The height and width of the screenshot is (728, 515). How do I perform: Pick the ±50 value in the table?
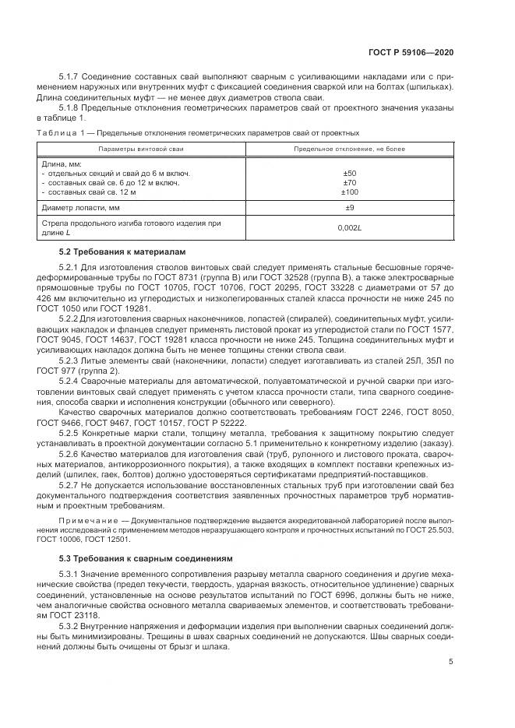point(349,173)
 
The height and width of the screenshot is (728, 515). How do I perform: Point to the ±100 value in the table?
point(349,192)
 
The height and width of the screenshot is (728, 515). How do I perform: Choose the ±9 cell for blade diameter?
point(349,208)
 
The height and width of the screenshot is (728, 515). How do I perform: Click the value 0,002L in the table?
point(349,227)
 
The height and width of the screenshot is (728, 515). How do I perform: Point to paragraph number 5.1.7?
point(70,76)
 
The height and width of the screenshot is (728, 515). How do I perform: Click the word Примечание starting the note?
point(84,519)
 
